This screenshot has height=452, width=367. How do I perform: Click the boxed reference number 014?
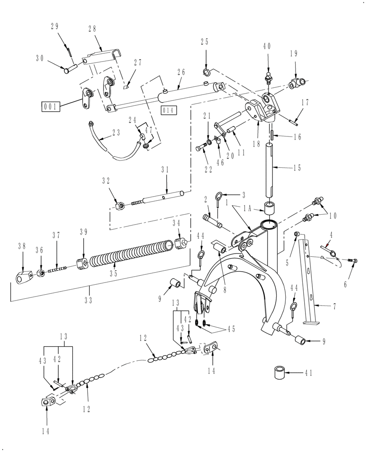pos(168,110)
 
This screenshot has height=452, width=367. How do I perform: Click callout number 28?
pos(92,29)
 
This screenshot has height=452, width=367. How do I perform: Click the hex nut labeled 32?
pos(120,206)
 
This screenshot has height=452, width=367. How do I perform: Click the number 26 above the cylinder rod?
pos(181,72)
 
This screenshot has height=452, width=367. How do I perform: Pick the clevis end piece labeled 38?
pos(23,277)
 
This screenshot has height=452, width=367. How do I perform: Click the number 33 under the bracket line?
pos(89,300)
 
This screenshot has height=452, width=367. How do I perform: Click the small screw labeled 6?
pos(353,260)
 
